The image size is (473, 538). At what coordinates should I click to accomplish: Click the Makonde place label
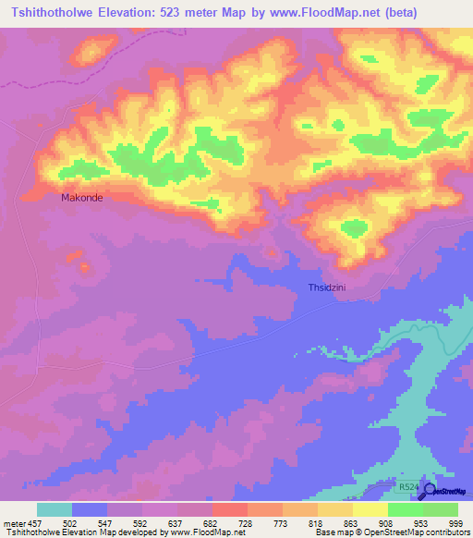coord(81,197)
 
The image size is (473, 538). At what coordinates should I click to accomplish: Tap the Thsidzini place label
coord(326,288)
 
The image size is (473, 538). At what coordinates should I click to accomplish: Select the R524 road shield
coord(408,486)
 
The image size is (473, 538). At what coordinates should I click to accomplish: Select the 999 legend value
coord(455,522)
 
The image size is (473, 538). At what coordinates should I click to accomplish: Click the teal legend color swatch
coord(55,509)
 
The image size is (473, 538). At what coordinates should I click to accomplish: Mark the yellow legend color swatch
coord(370,509)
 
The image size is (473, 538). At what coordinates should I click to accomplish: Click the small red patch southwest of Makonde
coord(85,268)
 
